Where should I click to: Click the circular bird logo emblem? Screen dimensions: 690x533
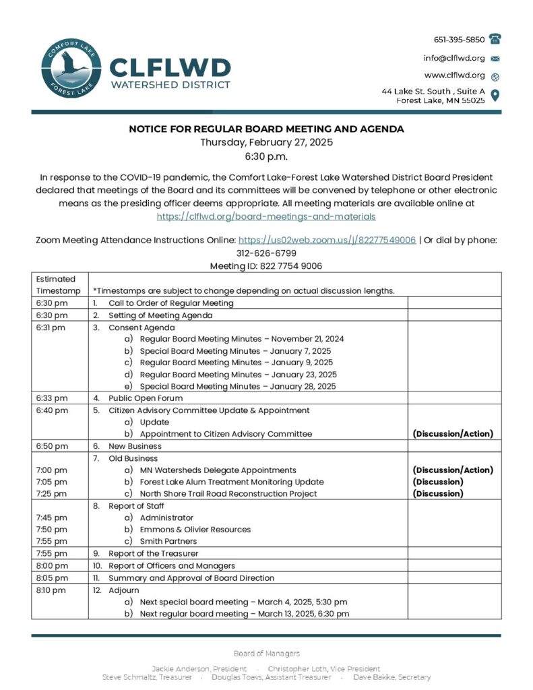(x=67, y=69)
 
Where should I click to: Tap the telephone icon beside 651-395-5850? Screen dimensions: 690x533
(x=495, y=39)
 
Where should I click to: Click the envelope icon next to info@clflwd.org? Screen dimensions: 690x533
(x=495, y=58)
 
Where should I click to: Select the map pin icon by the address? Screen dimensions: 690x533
(x=495, y=95)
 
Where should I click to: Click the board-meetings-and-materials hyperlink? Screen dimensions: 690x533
(x=266, y=216)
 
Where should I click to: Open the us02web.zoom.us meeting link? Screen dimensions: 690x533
(x=327, y=240)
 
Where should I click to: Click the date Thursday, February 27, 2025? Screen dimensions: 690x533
(x=266, y=142)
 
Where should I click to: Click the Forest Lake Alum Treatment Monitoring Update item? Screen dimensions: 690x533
(x=231, y=482)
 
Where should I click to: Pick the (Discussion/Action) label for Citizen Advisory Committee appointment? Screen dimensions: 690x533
(x=452, y=434)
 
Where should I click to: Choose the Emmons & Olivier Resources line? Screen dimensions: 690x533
(x=195, y=529)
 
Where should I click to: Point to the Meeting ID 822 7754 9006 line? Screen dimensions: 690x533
(x=266, y=266)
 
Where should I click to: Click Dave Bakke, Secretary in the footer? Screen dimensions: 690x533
(x=391, y=677)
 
